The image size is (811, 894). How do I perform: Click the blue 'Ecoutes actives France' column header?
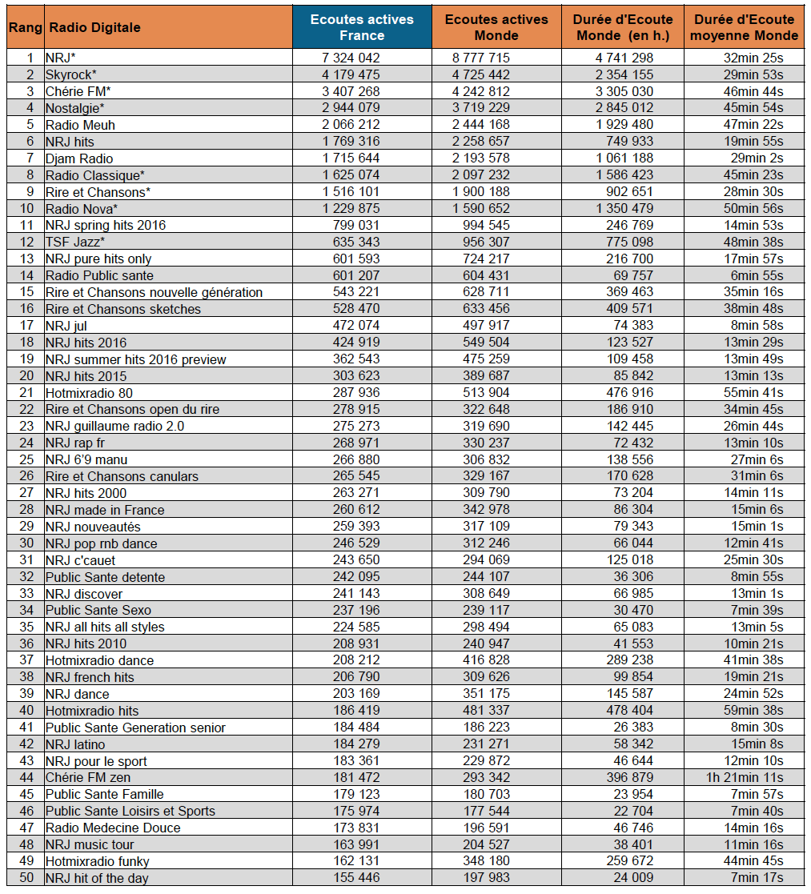362,27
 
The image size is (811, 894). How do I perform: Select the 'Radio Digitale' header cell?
94,27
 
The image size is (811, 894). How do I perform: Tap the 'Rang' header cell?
25,27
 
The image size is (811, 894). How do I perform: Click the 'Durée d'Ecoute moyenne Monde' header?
745,27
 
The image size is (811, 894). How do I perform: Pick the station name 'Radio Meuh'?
80,125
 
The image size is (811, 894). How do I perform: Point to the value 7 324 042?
346,58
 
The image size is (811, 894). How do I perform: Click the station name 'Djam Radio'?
79,158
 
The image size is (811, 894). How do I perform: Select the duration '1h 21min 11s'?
749,777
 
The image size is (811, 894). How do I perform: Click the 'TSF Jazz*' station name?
75,242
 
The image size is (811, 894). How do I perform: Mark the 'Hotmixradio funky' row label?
98,861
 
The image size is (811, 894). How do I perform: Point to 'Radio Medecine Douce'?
113,828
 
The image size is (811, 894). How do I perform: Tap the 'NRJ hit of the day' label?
97,878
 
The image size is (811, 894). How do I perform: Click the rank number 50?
27,878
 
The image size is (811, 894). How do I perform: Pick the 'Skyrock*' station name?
71,74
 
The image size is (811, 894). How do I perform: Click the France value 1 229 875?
346,208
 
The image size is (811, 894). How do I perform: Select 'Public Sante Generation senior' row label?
135,728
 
